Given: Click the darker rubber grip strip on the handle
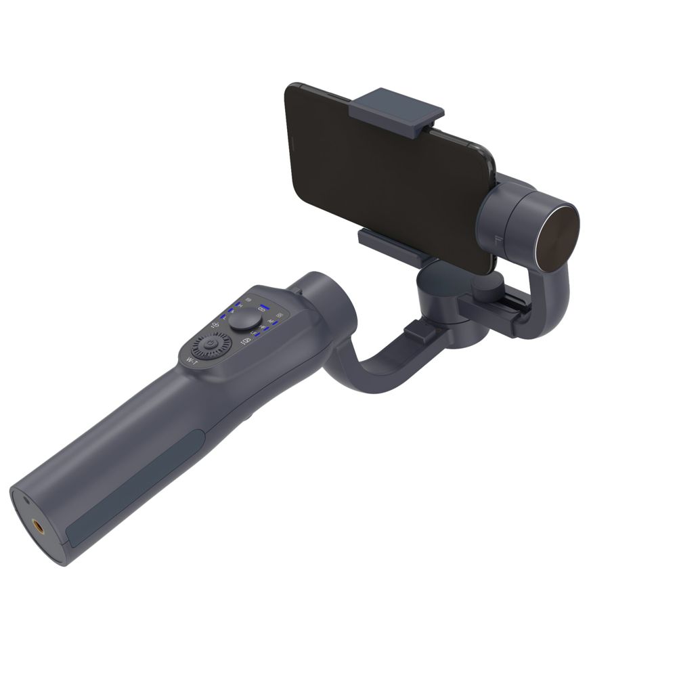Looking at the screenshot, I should point(135,487).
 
